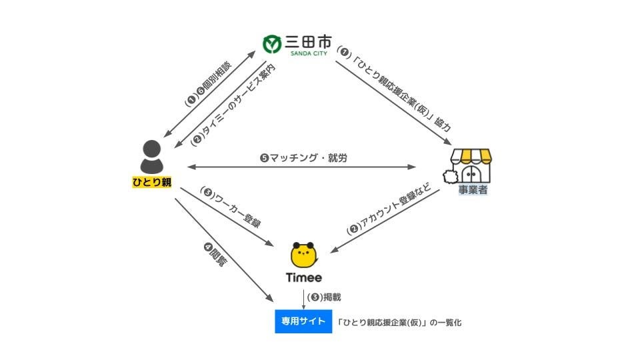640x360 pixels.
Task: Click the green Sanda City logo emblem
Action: click(x=272, y=44)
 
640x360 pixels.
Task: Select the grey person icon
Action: click(x=152, y=157)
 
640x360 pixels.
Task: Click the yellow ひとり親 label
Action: click(x=152, y=181)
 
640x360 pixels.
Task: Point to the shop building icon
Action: click(x=471, y=165)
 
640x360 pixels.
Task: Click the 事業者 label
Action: click(x=473, y=190)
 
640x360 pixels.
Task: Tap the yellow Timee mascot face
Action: click(x=304, y=256)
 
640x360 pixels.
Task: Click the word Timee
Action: click(x=304, y=278)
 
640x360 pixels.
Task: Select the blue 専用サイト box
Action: click(x=303, y=321)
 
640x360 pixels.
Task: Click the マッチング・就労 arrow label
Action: click(x=303, y=158)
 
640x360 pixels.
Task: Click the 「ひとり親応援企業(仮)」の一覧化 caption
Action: click(x=399, y=322)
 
